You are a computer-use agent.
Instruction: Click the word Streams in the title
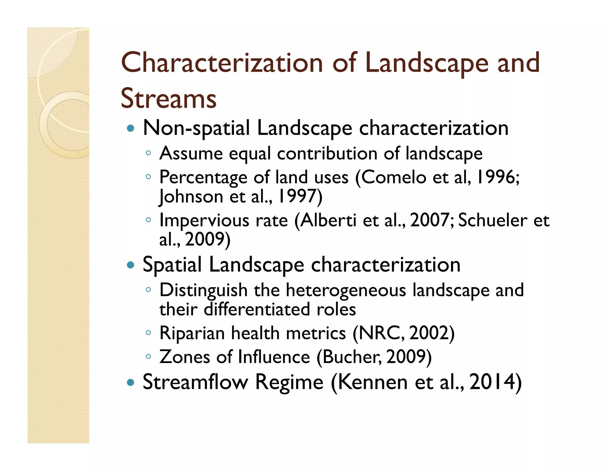tap(169, 99)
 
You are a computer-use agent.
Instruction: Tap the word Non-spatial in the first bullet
tap(196, 128)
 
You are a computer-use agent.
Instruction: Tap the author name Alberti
tap(328, 221)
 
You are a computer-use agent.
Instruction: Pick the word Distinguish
tap(203, 290)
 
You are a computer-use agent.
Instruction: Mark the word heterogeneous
tap(346, 290)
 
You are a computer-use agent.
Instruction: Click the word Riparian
tap(192, 333)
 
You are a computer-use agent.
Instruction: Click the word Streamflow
tap(195, 382)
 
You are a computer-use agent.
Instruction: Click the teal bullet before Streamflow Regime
tap(130, 382)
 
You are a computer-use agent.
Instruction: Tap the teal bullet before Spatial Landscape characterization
tap(130, 265)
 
